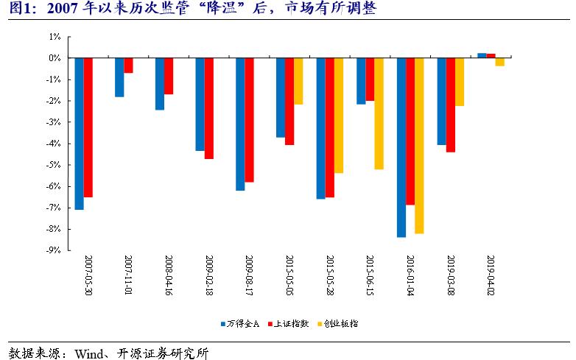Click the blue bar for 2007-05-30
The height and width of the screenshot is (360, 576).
pos(79,133)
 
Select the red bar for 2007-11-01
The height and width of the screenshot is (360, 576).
pos(128,66)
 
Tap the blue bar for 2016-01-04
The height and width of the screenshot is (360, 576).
pos(401,147)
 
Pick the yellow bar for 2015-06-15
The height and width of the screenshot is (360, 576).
pos(379,113)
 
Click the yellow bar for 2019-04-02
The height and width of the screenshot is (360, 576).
pos(499,62)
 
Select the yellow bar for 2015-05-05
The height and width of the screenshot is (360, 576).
pos(298,81)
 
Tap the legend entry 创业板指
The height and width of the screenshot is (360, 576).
pos(341,323)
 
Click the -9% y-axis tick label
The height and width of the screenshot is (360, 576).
pos(52,250)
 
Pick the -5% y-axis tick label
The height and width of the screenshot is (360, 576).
pos(52,165)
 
